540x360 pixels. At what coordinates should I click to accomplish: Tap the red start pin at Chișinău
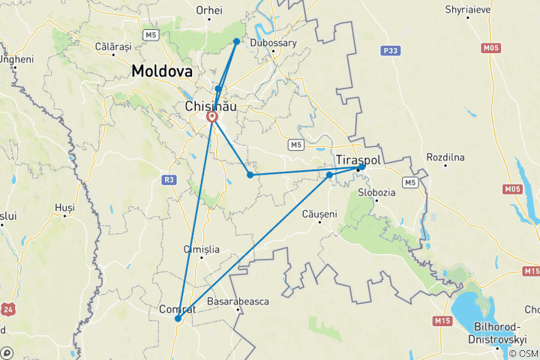212,118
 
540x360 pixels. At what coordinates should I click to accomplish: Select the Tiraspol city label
361,160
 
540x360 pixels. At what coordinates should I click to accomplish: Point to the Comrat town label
178,308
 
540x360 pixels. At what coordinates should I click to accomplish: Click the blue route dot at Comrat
178,319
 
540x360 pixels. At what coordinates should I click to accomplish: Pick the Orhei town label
209,10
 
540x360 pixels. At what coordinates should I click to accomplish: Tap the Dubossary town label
274,43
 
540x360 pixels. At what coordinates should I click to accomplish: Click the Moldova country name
161,71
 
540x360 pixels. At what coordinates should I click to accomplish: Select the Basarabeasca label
238,301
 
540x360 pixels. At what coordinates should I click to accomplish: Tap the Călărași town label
114,46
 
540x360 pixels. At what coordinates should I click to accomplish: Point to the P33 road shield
388,50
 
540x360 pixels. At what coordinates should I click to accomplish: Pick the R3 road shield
169,179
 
